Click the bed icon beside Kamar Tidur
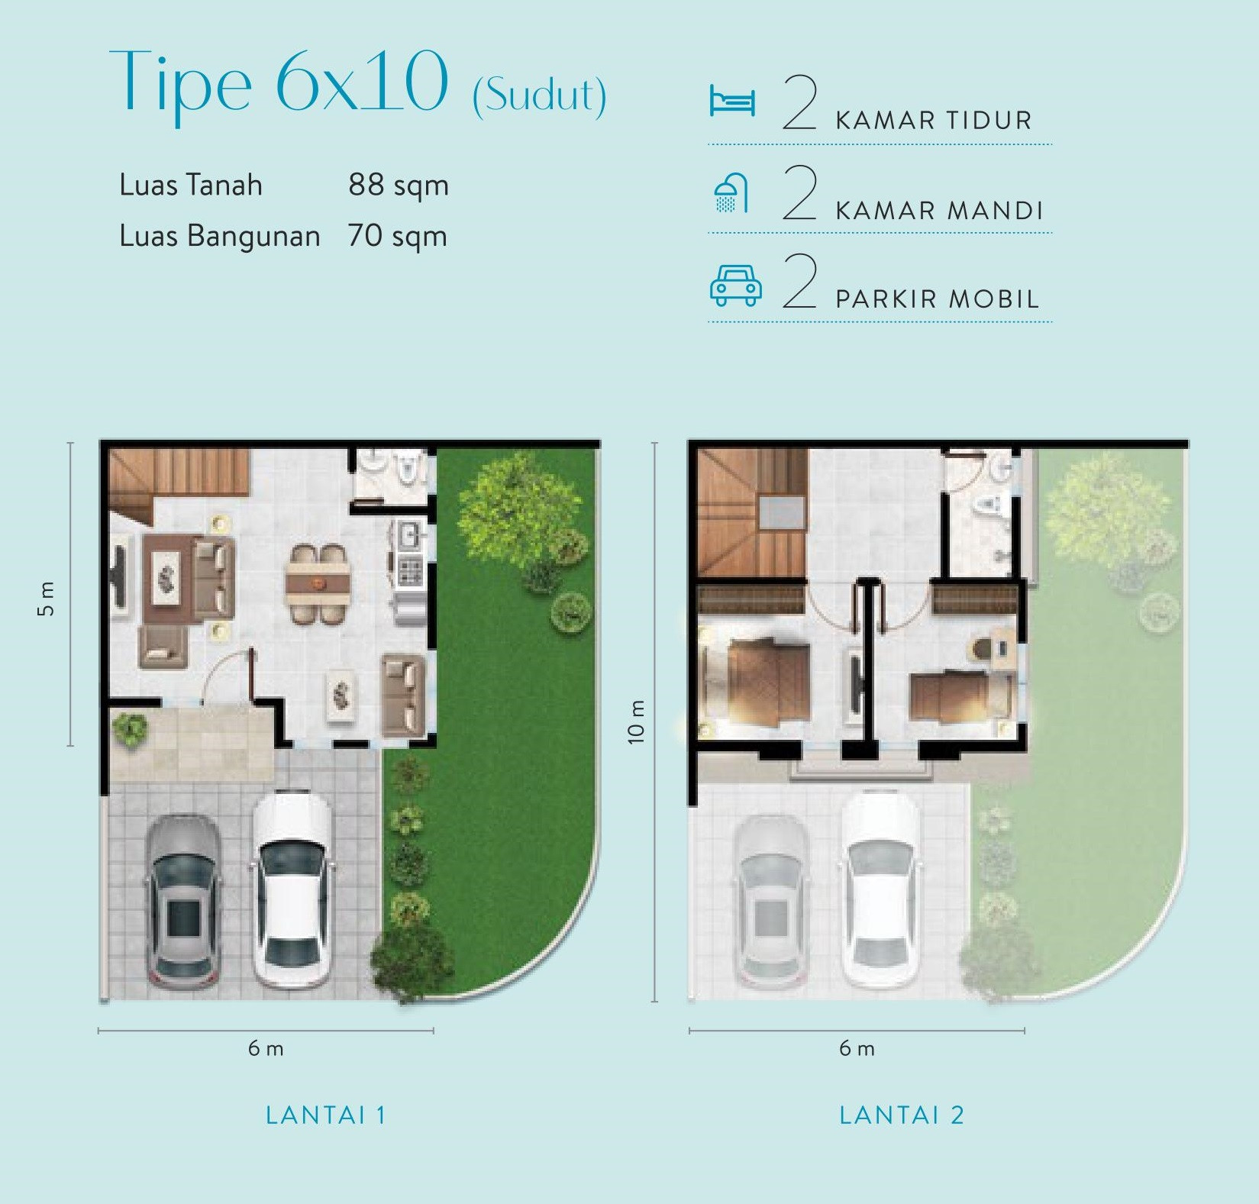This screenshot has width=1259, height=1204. (731, 102)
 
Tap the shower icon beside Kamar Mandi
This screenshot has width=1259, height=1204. (731, 193)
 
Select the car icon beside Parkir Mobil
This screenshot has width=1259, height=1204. (735, 286)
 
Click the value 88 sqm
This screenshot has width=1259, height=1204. (398, 186)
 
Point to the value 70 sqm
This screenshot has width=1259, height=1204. (397, 236)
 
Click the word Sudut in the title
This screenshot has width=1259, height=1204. (539, 96)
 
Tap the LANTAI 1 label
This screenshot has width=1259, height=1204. (325, 1115)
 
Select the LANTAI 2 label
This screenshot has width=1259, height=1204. (901, 1115)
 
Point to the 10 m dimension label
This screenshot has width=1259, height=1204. (636, 721)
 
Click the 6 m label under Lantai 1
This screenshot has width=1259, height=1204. (266, 1048)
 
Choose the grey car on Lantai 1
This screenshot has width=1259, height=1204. (184, 902)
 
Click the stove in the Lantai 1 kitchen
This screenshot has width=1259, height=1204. (410, 571)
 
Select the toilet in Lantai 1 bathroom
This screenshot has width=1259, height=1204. (408, 468)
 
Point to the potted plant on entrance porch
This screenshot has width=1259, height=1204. (130, 728)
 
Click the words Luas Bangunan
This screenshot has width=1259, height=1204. (219, 236)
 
